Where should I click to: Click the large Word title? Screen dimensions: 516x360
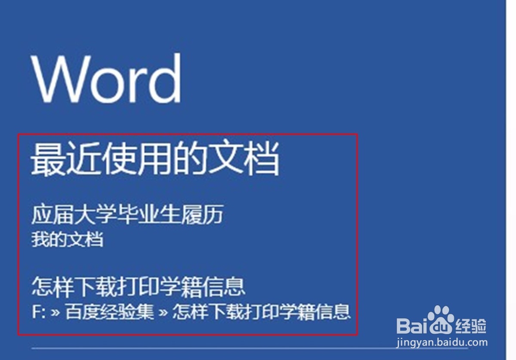click(106, 78)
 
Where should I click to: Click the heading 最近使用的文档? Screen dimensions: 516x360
click(155, 158)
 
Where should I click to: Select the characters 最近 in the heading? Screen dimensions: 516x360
click(66, 159)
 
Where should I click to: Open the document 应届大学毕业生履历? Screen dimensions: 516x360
click(127, 214)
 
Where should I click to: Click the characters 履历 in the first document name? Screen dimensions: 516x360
click(203, 214)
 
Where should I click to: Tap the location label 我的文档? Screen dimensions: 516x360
click(68, 239)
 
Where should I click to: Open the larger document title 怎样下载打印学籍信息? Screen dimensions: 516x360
click(138, 287)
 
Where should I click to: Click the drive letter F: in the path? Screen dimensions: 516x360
click(39, 311)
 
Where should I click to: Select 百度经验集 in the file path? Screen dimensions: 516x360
click(109, 311)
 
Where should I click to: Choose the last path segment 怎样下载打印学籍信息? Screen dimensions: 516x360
click(262, 311)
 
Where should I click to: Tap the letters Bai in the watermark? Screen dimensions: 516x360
click(412, 326)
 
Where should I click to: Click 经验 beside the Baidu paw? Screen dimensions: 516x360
click(471, 326)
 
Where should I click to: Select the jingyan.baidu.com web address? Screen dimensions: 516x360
click(442, 342)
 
